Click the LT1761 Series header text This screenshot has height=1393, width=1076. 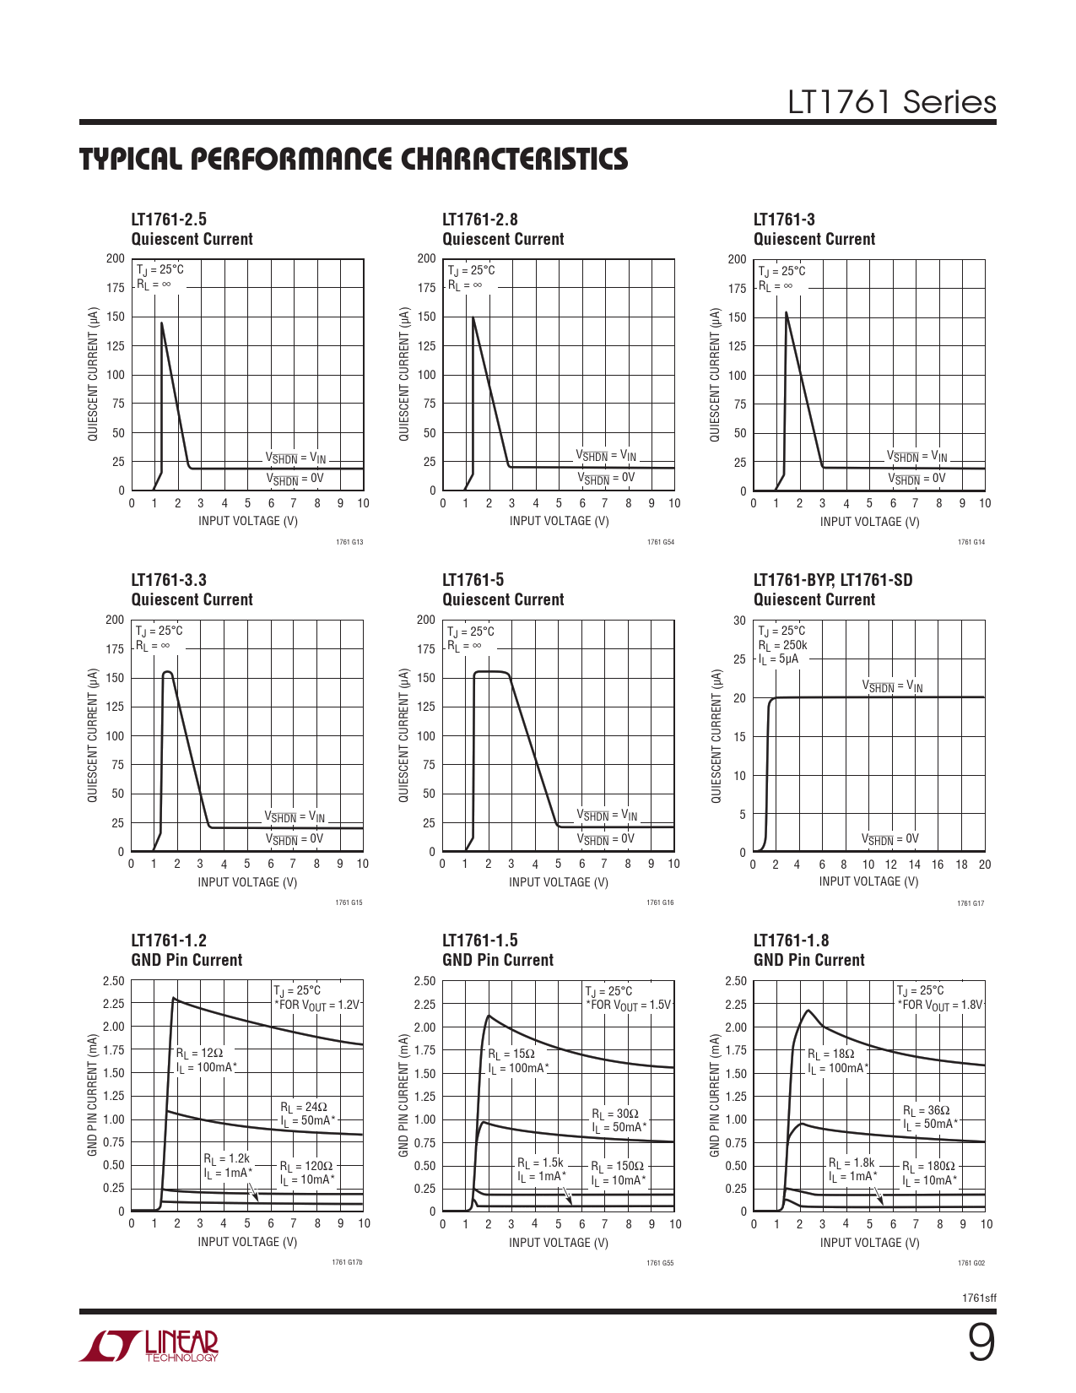point(891,102)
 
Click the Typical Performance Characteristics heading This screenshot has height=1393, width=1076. point(354,160)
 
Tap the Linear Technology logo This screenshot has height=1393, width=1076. point(149,1346)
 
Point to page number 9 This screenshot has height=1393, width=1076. point(980,1343)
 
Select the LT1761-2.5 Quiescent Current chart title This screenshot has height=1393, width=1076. point(192,230)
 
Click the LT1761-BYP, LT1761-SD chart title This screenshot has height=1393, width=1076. point(832,580)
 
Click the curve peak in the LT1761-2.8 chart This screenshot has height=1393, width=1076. point(473,317)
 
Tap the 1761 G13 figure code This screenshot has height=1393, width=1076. point(349,542)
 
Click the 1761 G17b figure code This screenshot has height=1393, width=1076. point(347,1263)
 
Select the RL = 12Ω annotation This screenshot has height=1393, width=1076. point(200,1054)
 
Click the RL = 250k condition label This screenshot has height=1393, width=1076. point(782,645)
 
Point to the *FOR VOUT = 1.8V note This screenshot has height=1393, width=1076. point(940,1005)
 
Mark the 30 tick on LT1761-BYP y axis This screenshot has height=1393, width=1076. point(739,621)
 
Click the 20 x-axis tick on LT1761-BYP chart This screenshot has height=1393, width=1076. point(985,865)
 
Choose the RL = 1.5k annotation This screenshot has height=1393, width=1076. point(540,1163)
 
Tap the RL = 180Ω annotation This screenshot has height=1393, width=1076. point(929,1167)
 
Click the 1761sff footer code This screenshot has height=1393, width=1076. point(979,1298)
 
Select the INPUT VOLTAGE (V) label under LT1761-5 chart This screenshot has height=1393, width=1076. point(558,882)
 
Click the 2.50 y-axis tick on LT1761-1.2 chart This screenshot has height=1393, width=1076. point(113,981)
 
